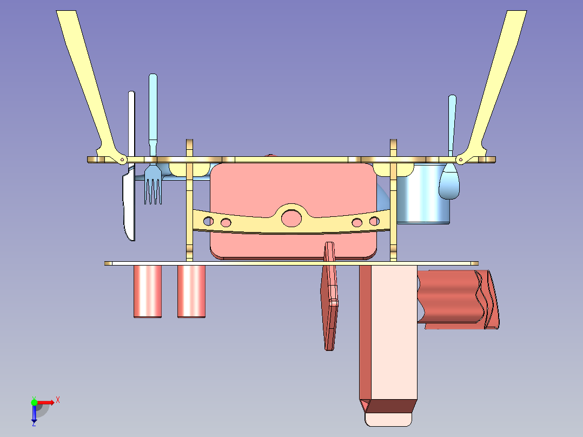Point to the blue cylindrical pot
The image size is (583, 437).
(423, 194)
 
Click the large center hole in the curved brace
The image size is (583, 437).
(291, 218)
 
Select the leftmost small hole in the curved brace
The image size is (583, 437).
(209, 221)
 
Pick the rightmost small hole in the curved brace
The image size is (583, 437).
(374, 221)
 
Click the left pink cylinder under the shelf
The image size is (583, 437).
(148, 291)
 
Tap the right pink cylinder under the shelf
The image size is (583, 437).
(191, 291)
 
